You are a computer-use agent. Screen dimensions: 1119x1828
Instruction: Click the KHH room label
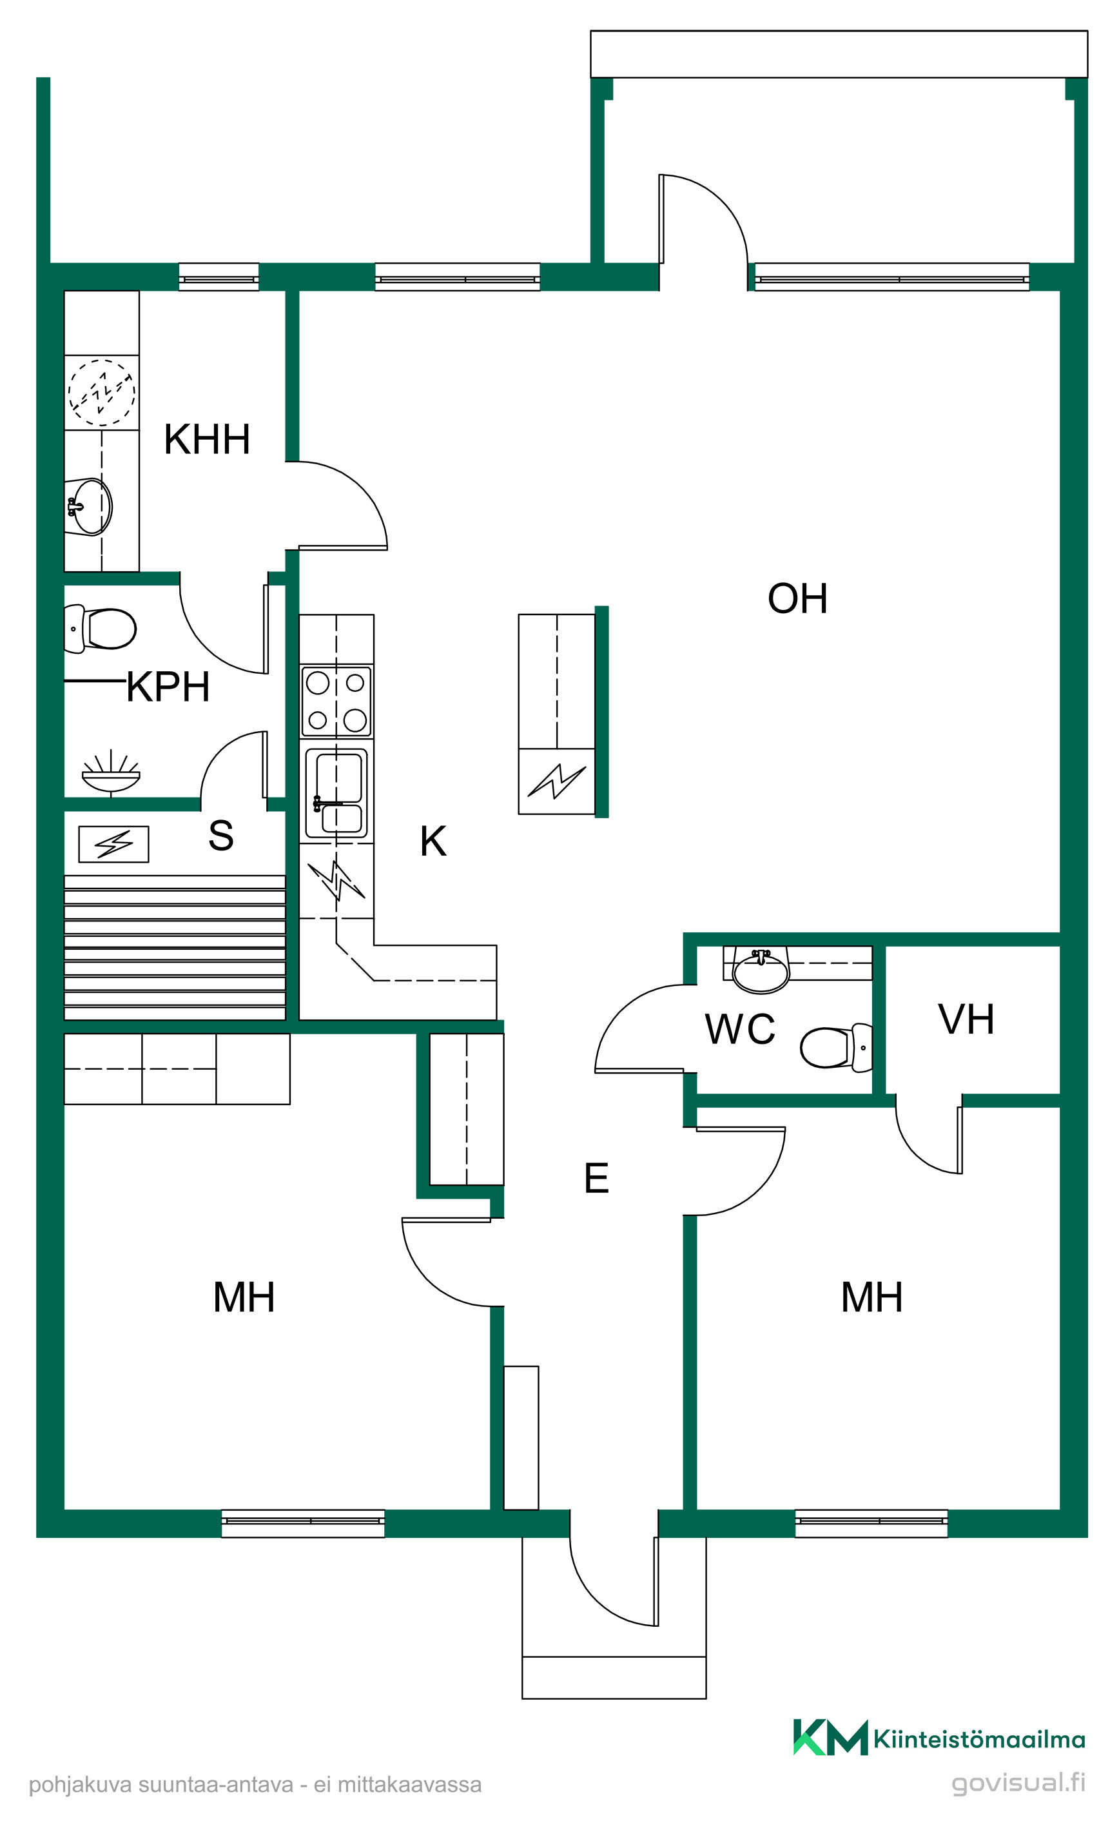207,439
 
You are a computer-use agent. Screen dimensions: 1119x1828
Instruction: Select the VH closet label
966,1019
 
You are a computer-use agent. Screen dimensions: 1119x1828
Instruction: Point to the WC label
739,1029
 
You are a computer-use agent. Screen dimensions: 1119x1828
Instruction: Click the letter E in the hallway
596,1177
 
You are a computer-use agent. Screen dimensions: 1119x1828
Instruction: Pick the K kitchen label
433,841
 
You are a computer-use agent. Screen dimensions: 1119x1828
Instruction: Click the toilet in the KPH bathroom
100,629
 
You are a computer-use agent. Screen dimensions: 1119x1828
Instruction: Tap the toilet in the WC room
837,1048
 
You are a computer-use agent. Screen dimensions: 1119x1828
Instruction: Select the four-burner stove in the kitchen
336,701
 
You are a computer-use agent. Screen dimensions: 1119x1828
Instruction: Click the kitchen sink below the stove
336,793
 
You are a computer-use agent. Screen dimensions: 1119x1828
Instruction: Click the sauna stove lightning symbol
113,843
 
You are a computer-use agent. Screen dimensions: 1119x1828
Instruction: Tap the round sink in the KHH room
89,507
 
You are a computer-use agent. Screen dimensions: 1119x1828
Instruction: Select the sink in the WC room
760,970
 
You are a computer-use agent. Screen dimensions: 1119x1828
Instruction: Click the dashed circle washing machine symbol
102,393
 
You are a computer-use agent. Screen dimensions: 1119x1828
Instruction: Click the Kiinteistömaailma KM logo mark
830,1738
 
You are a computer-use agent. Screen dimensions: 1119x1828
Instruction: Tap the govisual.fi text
1018,1783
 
